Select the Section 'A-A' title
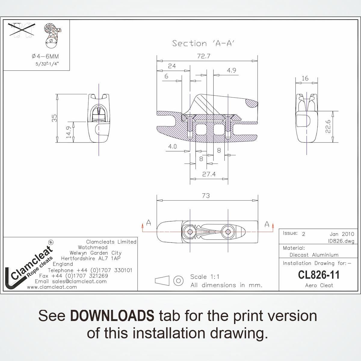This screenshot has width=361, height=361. tap(203, 43)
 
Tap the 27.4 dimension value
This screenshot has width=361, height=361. tap(209, 174)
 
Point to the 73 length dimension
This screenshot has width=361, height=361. tap(206, 196)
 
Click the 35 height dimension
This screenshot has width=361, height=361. tap(54, 118)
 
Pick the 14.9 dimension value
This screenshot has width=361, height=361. tap(69, 133)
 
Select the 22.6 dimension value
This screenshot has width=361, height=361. tap(328, 127)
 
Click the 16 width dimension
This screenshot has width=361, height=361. tap(305, 78)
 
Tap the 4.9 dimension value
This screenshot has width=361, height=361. tap(231, 71)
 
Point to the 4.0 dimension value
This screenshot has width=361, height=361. tap(172, 147)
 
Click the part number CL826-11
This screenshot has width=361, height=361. tap(319, 275)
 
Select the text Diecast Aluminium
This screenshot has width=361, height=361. tap(314, 255)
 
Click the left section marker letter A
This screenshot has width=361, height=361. tap(148, 223)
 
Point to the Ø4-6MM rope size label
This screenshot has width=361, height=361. tap(45, 56)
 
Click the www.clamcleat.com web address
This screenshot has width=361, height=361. tap(52, 287)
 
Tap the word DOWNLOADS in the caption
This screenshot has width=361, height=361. tap(112, 316)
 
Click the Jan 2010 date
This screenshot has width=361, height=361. tap(342, 234)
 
